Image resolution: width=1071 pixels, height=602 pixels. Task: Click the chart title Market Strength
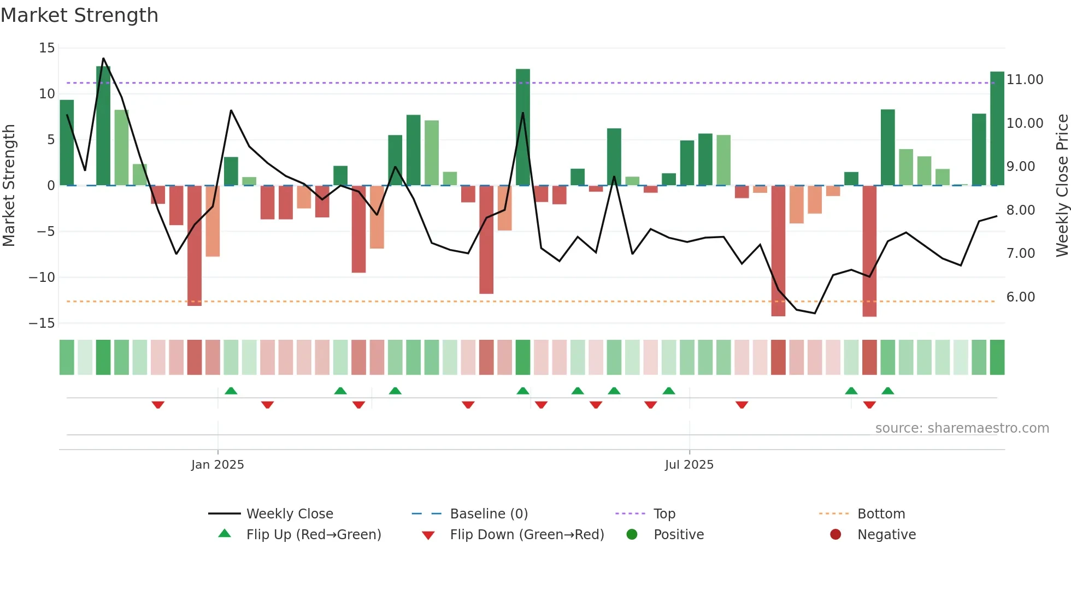coord(79,15)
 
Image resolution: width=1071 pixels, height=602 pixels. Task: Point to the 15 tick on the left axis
coord(47,48)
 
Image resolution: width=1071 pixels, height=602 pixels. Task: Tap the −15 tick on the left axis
coord(42,323)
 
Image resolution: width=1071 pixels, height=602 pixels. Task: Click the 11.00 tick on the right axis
coord(1025,80)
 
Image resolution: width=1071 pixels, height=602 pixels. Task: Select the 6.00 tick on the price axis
coord(1021,297)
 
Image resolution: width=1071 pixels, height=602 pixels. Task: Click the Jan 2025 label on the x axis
coord(217,465)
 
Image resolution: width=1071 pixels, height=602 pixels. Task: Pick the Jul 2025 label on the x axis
coord(689,465)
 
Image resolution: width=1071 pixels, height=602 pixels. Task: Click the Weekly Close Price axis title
coord(1062,186)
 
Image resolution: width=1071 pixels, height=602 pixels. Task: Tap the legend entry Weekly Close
coord(289,514)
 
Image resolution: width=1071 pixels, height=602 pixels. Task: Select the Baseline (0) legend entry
coord(489,514)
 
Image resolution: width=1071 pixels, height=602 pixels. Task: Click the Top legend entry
coord(664,514)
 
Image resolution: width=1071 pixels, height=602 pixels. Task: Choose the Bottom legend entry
coord(881,514)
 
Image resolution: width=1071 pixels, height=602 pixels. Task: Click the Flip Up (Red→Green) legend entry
coord(313,535)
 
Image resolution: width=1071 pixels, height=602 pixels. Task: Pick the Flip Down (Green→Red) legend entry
coord(527,535)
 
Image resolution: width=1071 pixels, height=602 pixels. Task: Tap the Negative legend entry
coord(886,535)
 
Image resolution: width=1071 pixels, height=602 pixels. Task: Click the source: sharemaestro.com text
coord(962,428)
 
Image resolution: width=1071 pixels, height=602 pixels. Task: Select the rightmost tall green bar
coord(997,128)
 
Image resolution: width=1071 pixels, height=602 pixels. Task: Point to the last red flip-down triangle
coord(869,405)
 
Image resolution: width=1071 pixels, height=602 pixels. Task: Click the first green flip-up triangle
coord(231,391)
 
